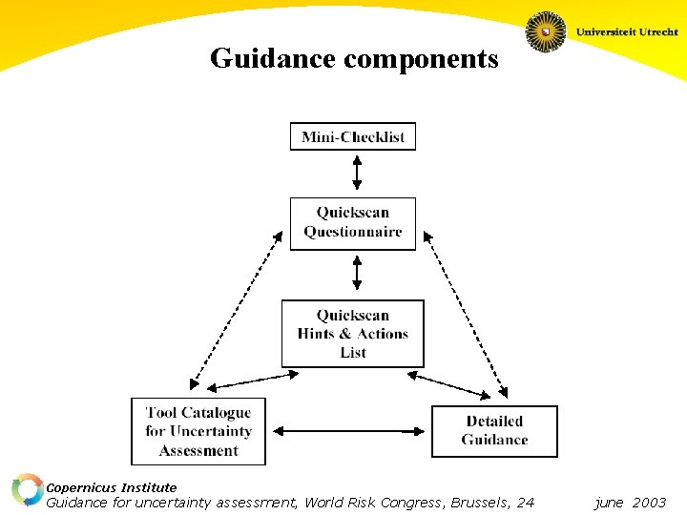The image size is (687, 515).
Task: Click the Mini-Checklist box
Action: [x=353, y=136]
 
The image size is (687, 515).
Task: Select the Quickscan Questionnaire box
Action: [x=353, y=223]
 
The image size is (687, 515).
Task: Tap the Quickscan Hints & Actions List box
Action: [x=352, y=334]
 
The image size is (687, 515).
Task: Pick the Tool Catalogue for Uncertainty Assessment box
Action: [x=198, y=431]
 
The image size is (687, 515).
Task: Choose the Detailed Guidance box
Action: [x=494, y=431]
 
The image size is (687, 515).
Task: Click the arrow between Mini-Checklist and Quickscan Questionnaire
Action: [x=357, y=173]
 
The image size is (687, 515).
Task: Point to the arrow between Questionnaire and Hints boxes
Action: [x=357, y=272]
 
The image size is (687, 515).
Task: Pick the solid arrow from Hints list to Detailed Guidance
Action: [x=453, y=383]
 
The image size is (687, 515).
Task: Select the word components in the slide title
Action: [x=421, y=59]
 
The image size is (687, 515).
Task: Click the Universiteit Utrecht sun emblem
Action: [x=546, y=31]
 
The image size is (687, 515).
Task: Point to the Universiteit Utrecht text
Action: [x=627, y=31]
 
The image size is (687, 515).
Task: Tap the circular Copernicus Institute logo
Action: [x=27, y=489]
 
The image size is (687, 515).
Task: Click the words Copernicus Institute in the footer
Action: [x=112, y=487]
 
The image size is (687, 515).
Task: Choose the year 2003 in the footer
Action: [x=649, y=503]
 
